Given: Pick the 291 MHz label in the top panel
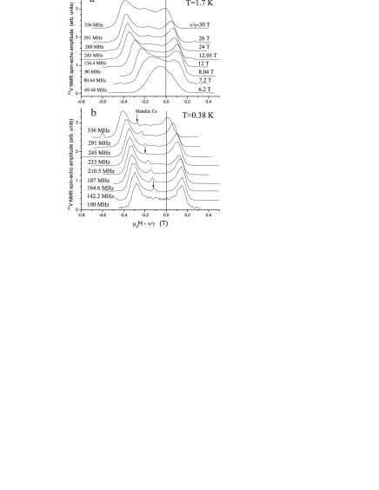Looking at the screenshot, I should [x=94, y=38].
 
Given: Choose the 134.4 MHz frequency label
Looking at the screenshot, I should [x=96, y=63].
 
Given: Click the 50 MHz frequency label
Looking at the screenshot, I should [x=92, y=71].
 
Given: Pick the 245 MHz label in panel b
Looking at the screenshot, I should [x=98, y=153].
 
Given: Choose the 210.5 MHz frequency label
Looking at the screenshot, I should [x=101, y=170].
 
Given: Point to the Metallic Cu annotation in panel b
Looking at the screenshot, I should [x=147, y=123].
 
